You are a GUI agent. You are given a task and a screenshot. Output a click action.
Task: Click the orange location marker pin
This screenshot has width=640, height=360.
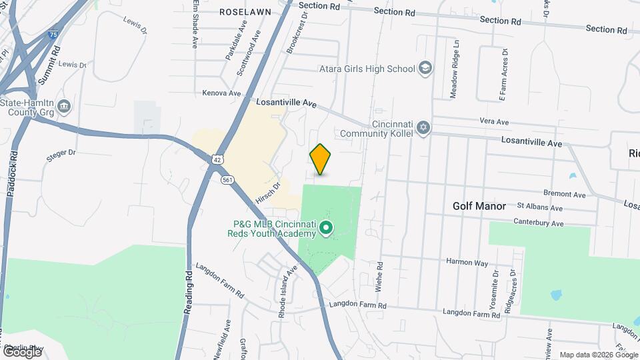tap(321, 159)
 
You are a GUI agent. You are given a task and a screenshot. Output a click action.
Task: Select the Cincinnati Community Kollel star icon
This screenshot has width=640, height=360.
tap(423, 127)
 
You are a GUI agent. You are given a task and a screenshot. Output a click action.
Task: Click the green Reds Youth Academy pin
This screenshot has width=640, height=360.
tap(326, 229)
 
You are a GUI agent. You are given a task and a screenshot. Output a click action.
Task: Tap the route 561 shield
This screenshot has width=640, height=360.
tap(228, 180)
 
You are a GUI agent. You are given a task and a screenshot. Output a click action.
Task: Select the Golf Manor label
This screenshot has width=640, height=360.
tap(479, 207)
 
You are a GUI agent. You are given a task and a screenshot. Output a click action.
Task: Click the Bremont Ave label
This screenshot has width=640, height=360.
tap(563, 195)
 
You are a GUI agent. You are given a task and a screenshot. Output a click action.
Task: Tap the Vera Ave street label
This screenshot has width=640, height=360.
tap(494, 122)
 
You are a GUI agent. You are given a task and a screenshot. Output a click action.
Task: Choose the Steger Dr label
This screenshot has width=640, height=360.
tap(61, 154)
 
